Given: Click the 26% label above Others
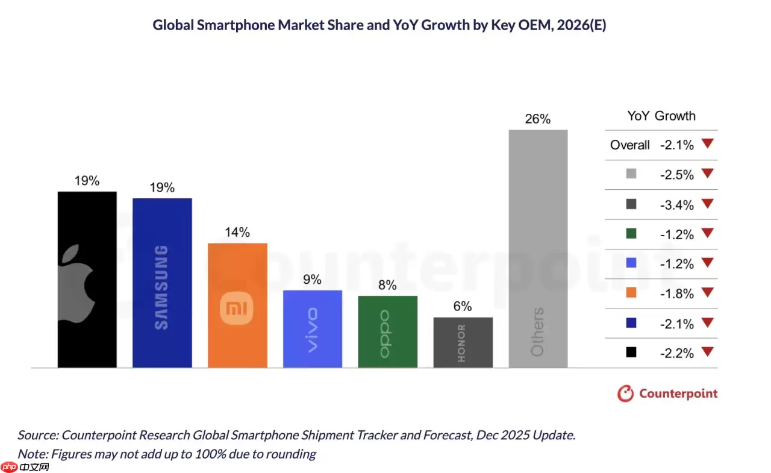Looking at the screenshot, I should [x=537, y=119].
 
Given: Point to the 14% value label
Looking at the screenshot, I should [x=237, y=233].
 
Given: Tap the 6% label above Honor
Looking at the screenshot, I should [x=463, y=307].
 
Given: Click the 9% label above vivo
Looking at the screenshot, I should [x=312, y=280].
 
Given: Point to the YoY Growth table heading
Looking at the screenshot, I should [x=661, y=116].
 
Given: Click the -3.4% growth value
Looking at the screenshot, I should [x=677, y=205].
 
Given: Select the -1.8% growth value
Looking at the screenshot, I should [x=677, y=294].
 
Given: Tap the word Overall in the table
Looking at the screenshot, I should [x=629, y=145].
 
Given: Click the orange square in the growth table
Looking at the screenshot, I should [x=631, y=293].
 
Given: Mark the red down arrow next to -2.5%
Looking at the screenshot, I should [x=707, y=173].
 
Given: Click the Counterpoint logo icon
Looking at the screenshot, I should [x=626, y=394].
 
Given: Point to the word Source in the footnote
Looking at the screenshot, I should [x=37, y=435].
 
